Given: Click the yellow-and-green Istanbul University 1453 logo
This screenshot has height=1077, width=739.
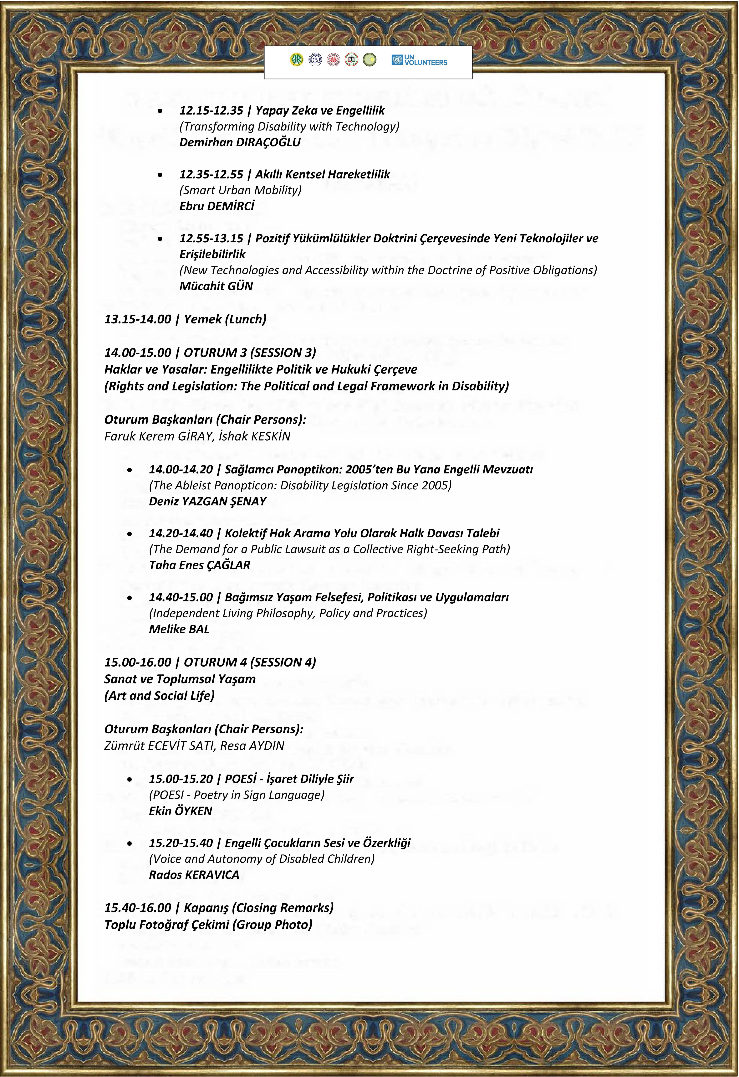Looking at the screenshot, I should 297,60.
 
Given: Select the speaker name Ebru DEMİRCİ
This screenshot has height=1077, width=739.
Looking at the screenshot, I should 217,206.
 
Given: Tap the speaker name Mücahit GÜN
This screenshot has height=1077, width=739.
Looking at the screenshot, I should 216,286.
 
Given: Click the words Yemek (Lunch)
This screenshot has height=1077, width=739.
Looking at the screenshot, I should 225,319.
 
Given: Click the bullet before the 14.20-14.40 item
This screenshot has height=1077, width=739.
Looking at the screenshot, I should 130,534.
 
